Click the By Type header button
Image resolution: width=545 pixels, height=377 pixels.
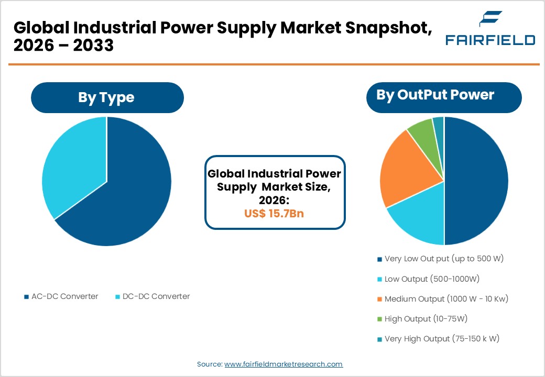pos(107,97)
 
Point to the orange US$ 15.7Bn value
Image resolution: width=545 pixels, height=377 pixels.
pos(274,214)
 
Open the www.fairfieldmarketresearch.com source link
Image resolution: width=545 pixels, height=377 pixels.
pos(284,364)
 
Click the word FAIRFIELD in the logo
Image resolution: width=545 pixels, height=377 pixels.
pos(490,40)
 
